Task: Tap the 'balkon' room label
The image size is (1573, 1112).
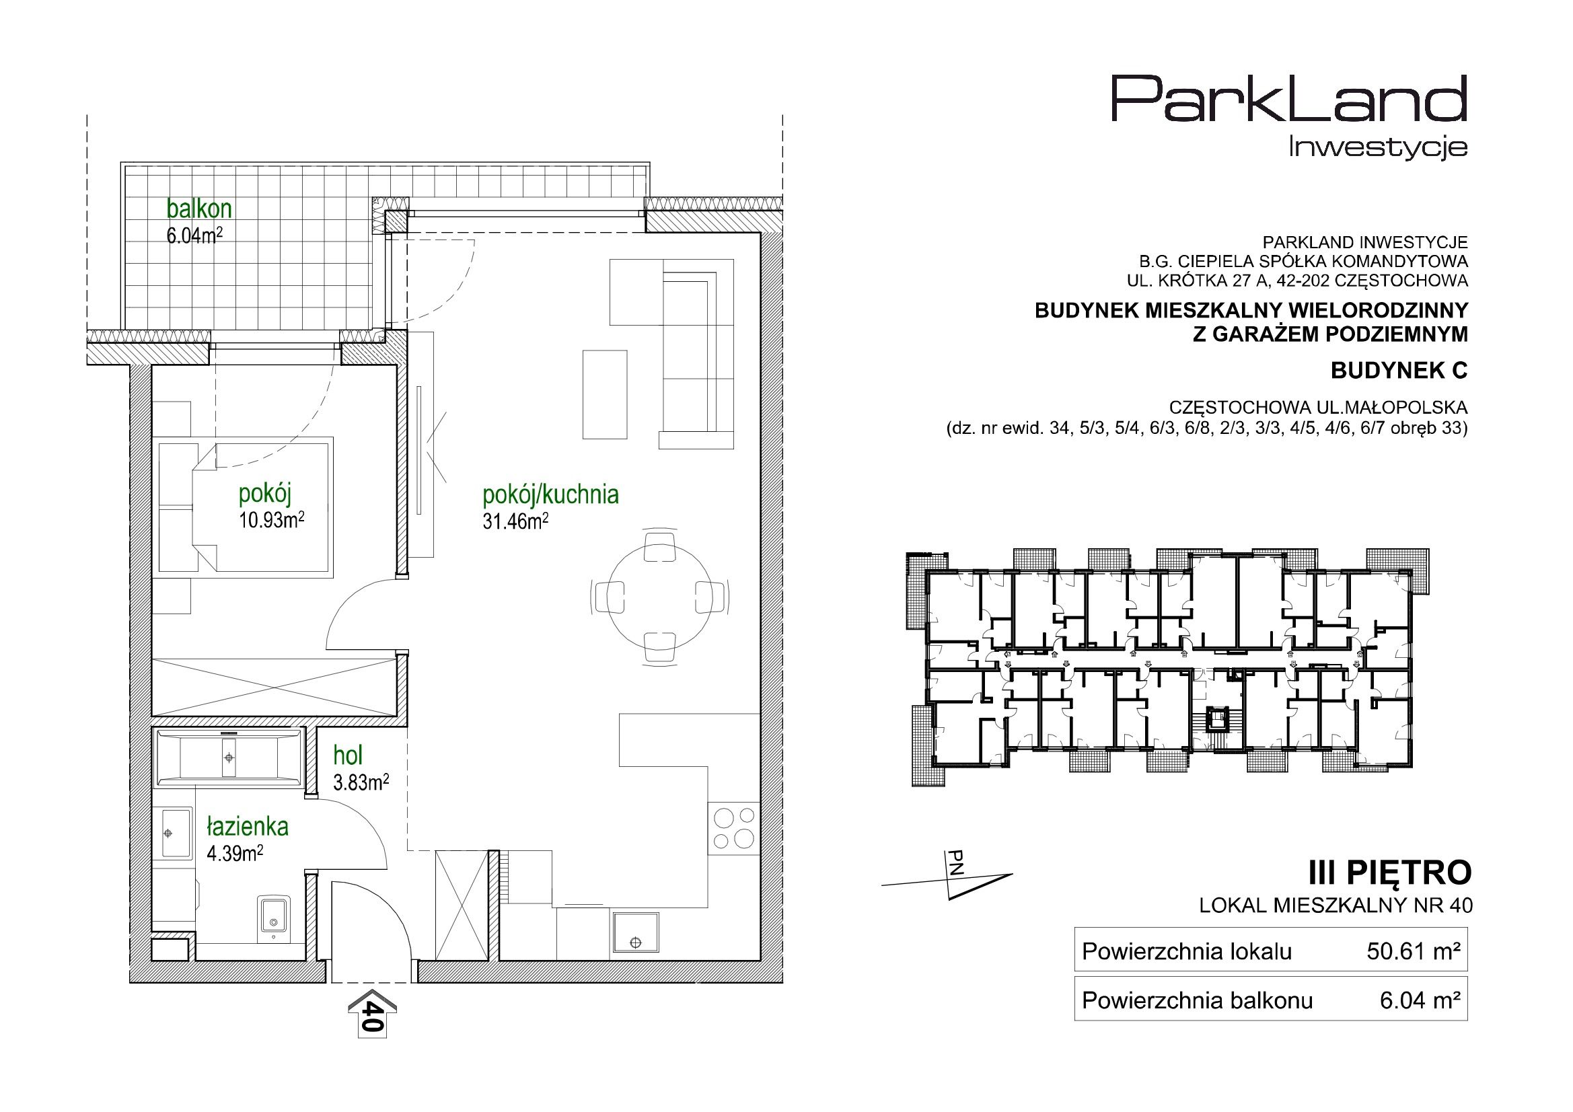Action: tap(199, 209)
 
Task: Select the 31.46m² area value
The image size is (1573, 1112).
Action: tap(515, 521)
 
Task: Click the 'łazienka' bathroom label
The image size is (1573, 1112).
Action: tap(248, 827)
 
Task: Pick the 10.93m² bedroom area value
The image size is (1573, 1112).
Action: tap(271, 520)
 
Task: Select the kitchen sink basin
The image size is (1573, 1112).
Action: tap(636, 932)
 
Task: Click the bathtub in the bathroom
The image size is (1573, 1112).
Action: tap(228, 757)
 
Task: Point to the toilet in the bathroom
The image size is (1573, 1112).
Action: tap(273, 915)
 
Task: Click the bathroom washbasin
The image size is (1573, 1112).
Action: tap(175, 832)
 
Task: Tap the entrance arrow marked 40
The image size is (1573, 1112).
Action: tap(372, 1012)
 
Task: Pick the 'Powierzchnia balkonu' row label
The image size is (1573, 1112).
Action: tap(1197, 1001)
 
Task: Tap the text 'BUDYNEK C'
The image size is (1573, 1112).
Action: tap(1399, 371)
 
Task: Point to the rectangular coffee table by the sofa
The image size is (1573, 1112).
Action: tap(604, 394)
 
